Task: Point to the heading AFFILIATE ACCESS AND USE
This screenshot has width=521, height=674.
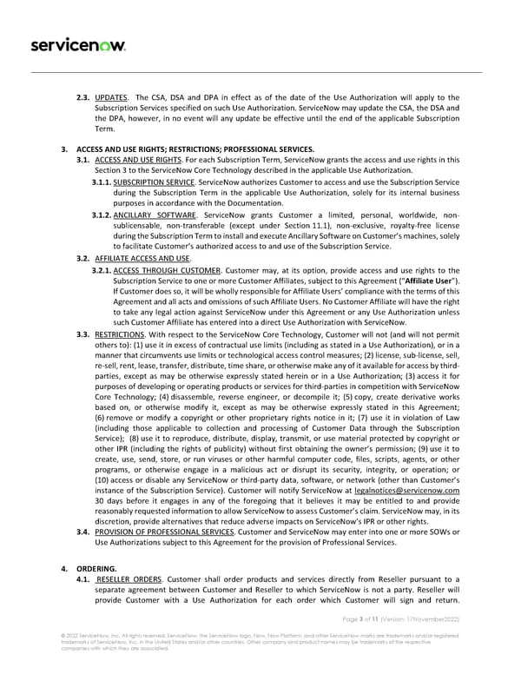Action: (142, 259)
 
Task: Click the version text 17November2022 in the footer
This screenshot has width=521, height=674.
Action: (448, 643)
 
